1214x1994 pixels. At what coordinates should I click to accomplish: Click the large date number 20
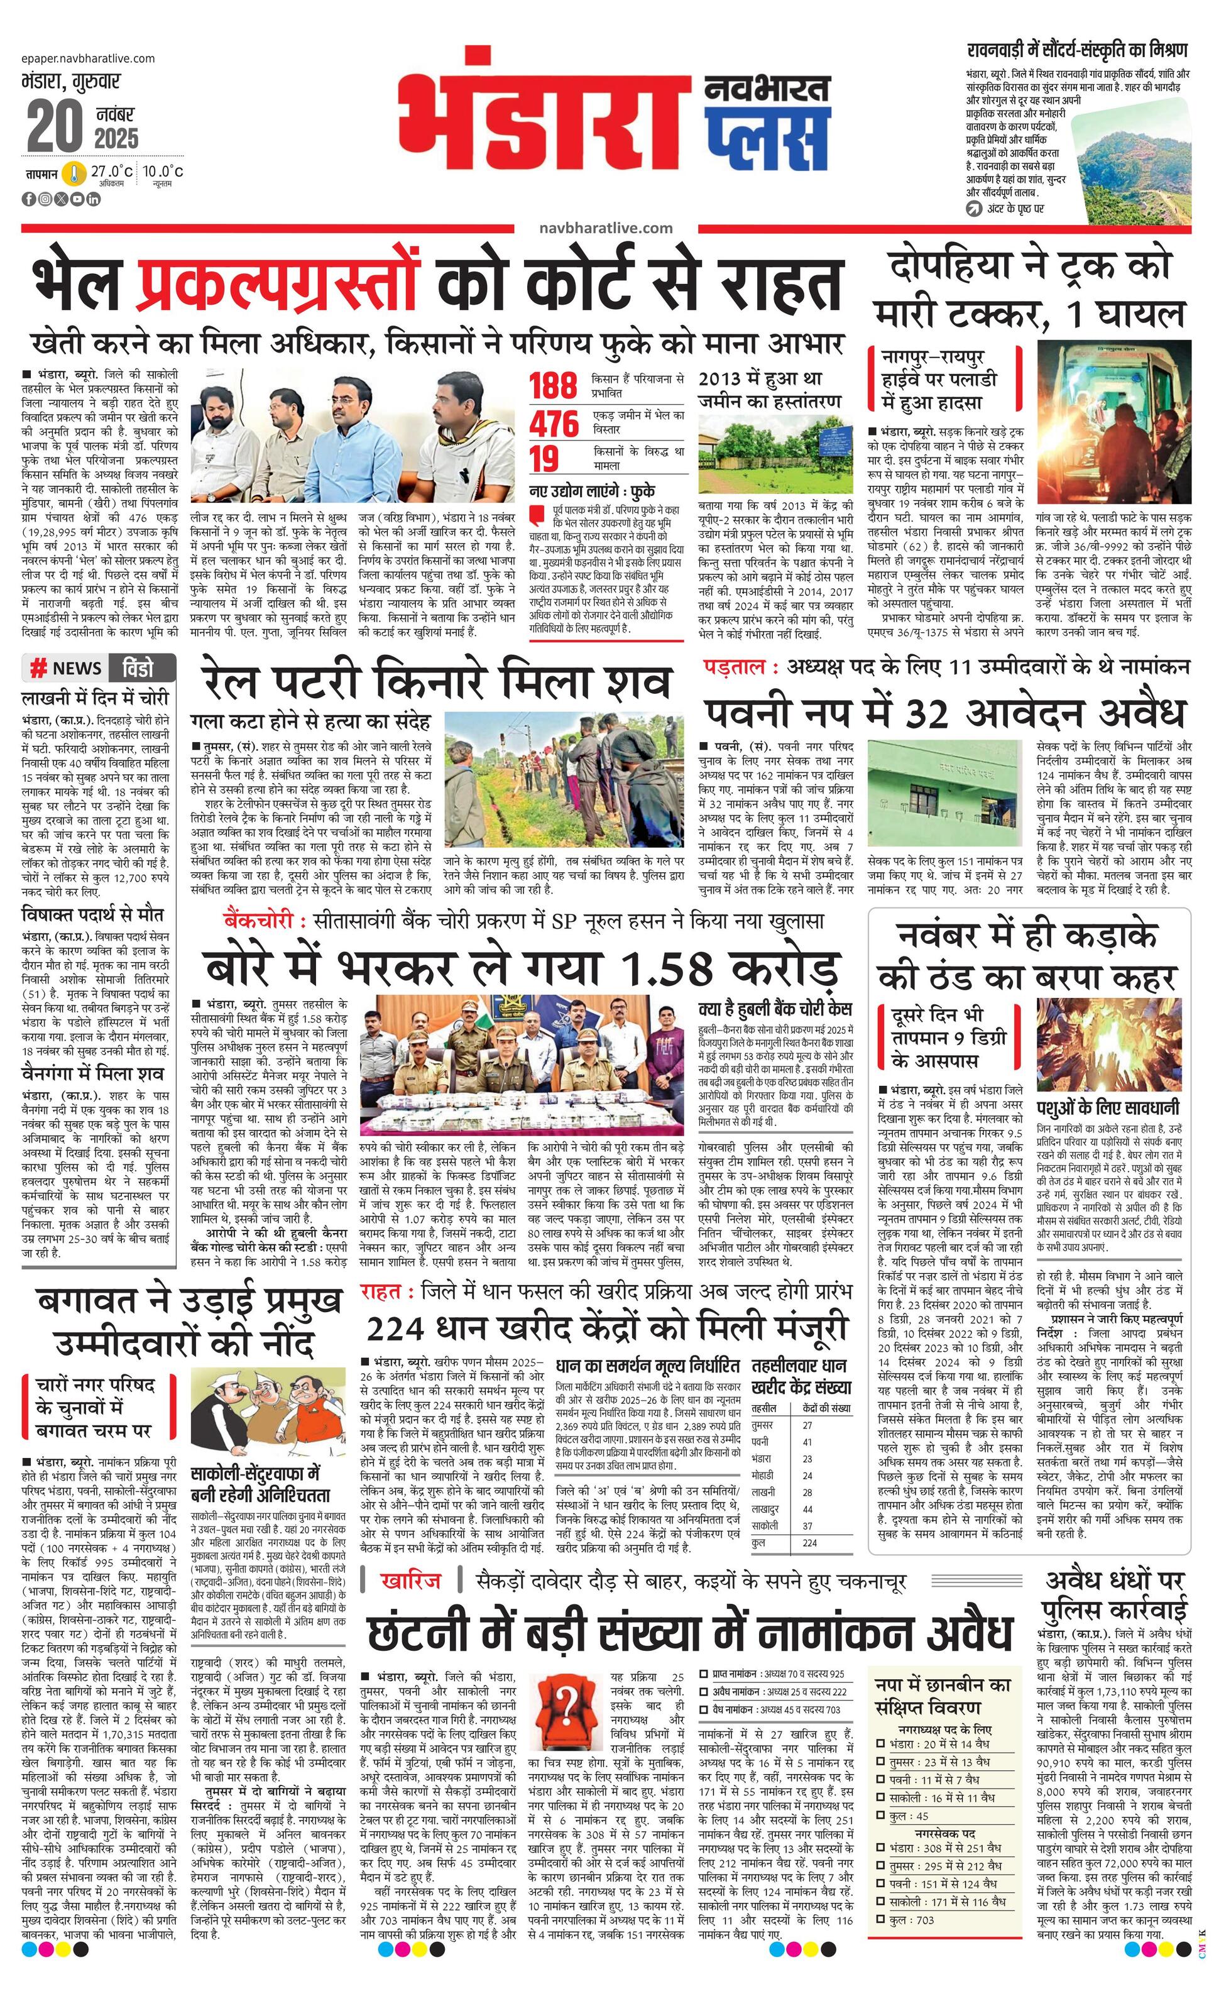tap(55, 126)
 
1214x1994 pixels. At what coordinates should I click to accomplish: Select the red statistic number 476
tap(554, 422)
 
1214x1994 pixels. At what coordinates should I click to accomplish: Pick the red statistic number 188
tap(554, 386)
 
